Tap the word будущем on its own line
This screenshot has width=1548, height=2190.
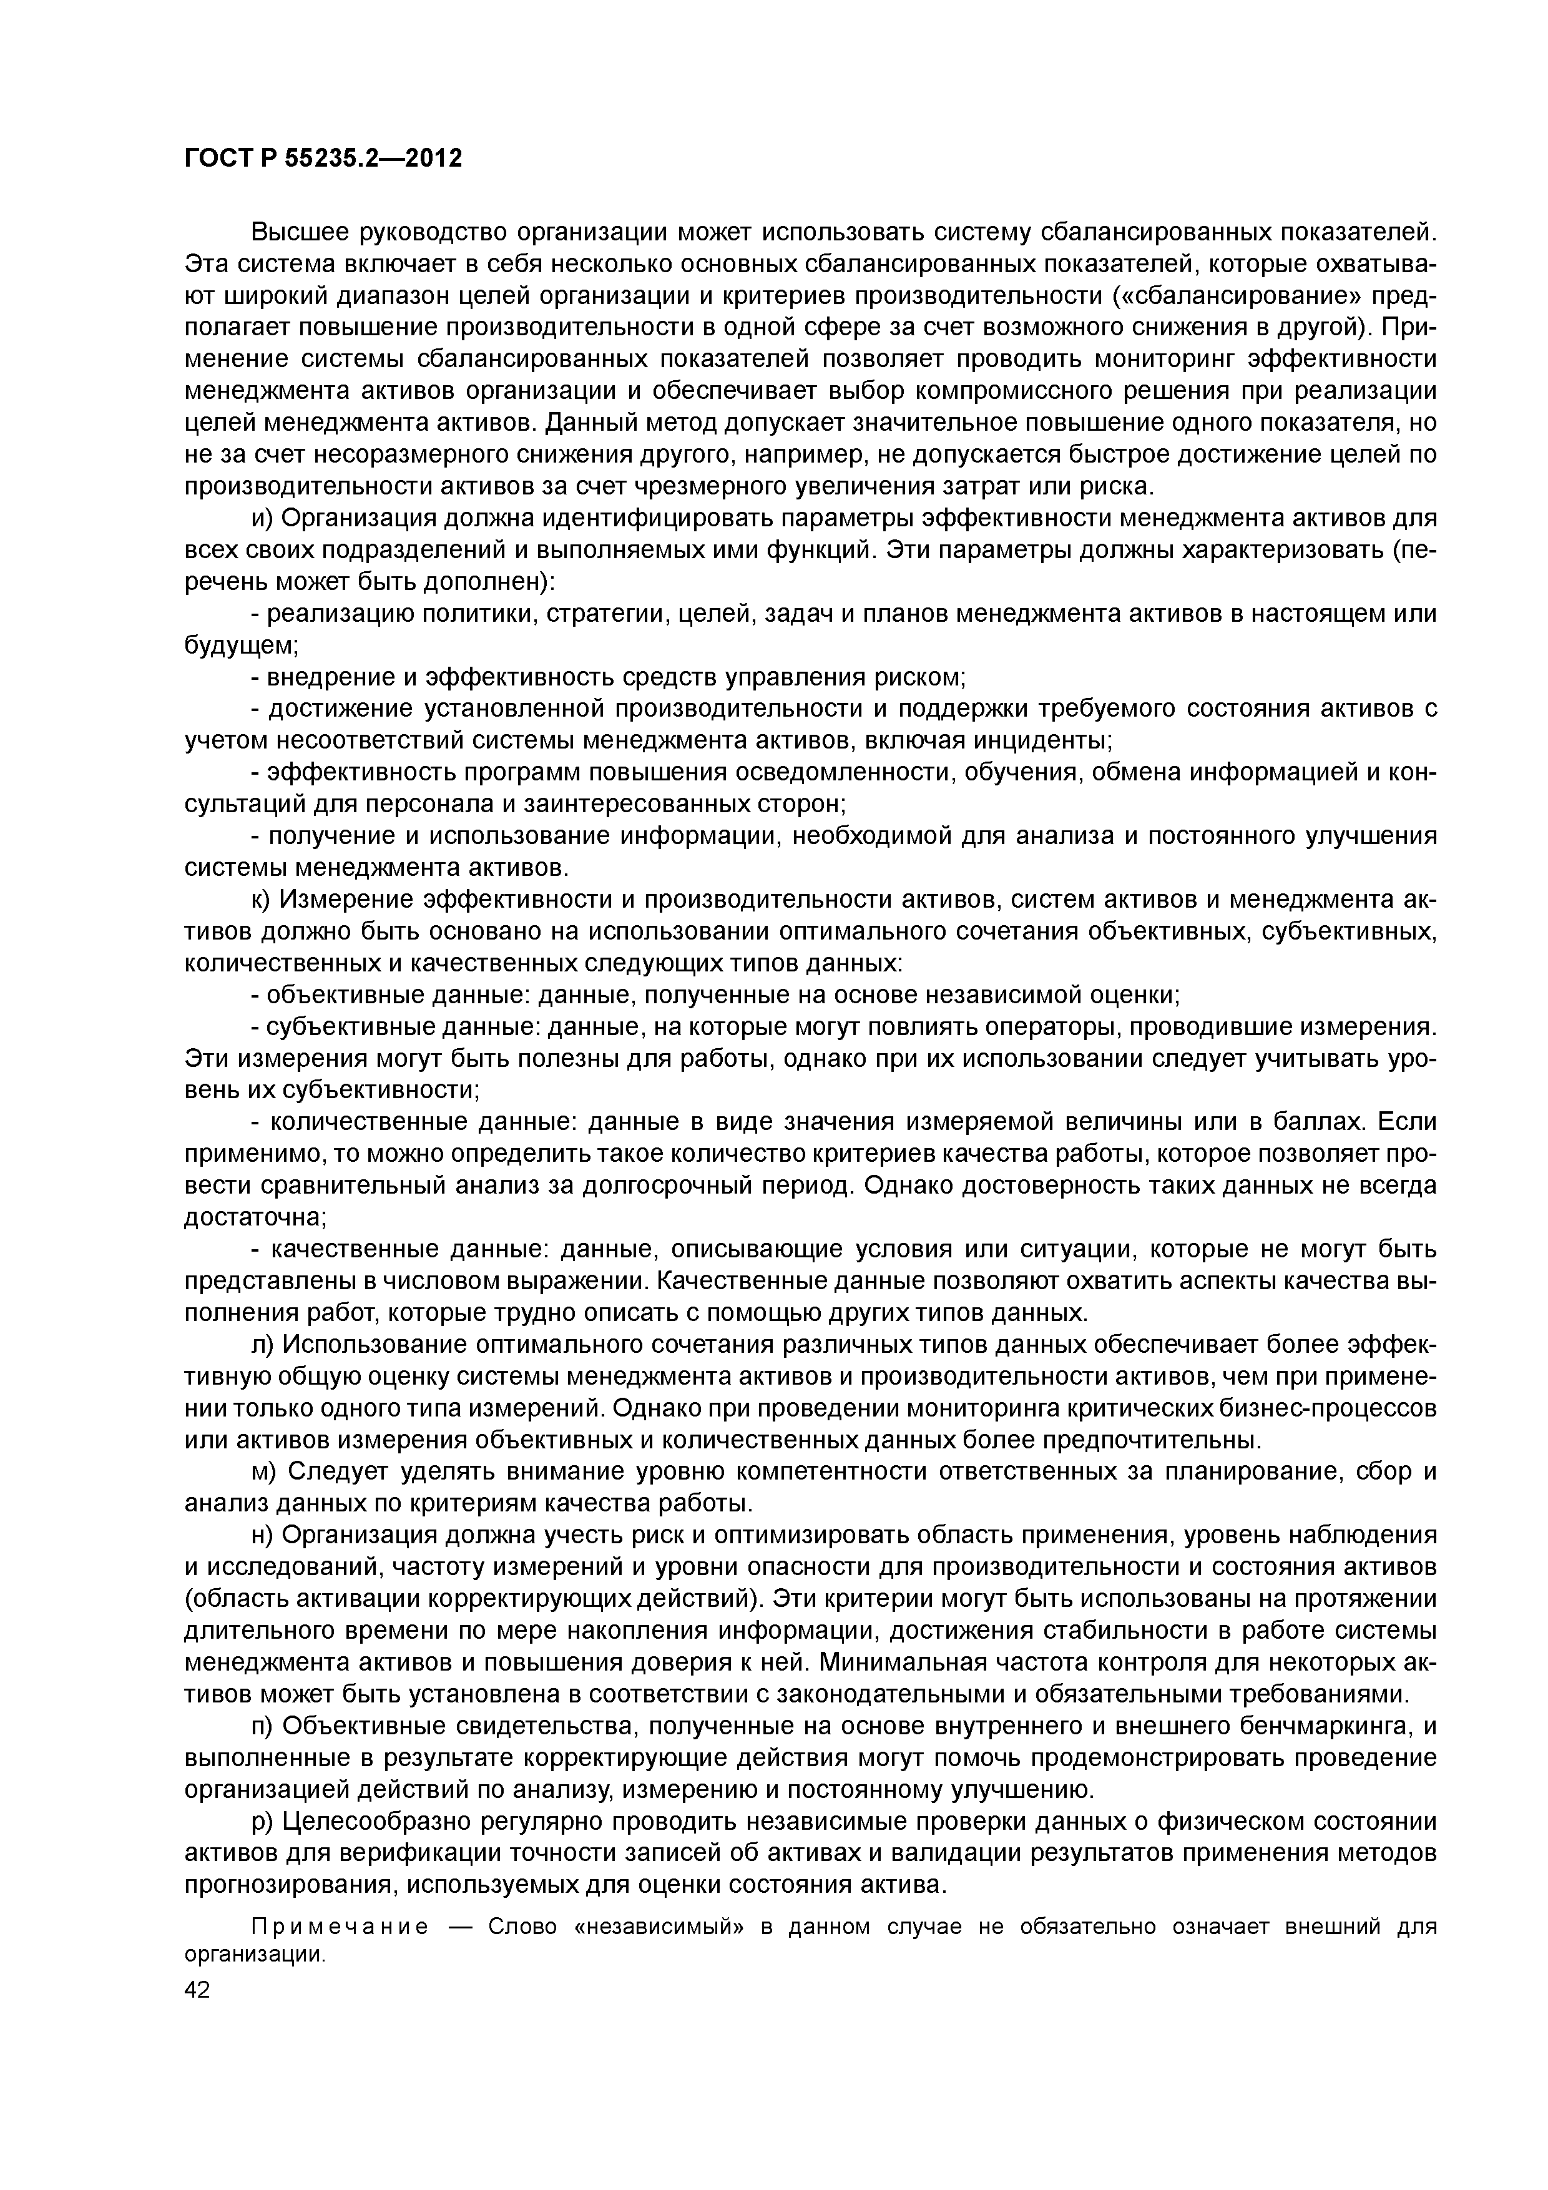click(x=238, y=646)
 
